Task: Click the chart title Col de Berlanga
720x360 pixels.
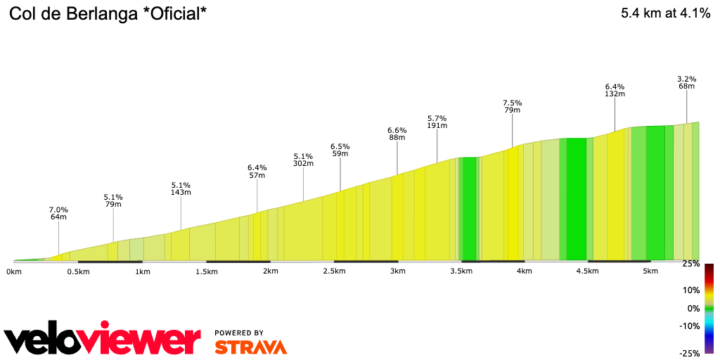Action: pos(108,13)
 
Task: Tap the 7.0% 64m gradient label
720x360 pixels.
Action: pos(58,213)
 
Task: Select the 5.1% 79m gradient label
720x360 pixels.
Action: pos(113,200)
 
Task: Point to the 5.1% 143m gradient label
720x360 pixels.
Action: pos(181,188)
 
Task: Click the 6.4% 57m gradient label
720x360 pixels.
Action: pos(257,171)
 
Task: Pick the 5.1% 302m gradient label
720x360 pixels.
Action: pos(303,160)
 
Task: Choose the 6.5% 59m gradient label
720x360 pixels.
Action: pos(340,150)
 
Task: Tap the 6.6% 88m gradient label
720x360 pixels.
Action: pos(397,134)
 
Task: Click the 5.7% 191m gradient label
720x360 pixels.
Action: pos(437,122)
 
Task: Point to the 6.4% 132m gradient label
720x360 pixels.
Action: pos(615,89)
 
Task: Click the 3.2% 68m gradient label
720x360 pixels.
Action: pos(687,82)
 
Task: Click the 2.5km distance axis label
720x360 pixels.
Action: pos(334,271)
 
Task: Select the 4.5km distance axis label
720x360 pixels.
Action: pos(587,271)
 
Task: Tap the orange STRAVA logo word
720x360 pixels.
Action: pos(251,347)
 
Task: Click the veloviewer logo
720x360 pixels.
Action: pos(103,340)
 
